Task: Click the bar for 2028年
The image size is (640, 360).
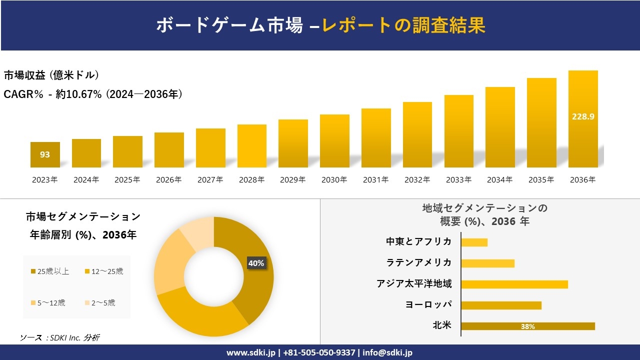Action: coord(251,146)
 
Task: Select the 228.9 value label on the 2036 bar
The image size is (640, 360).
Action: coord(583,116)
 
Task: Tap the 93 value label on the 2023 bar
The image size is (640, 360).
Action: coord(45,154)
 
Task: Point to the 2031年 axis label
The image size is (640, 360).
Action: coord(375,180)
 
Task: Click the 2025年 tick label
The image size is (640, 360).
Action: coord(127,180)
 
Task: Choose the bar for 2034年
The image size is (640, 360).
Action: coord(500,127)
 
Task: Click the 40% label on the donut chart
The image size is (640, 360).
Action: coord(256,263)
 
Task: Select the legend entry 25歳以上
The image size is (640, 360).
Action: coord(50,271)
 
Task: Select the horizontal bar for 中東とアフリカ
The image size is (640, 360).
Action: coord(474,242)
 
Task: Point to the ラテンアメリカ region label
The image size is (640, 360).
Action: coord(419,263)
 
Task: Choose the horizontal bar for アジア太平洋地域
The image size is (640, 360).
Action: coord(514,284)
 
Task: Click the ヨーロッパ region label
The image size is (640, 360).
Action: coord(428,305)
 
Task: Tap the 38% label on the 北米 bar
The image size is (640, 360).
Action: coord(527,326)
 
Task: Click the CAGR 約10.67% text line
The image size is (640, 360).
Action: coord(92,94)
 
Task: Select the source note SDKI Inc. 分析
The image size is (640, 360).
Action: coord(59,338)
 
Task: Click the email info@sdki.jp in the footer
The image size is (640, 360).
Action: coord(388,352)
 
